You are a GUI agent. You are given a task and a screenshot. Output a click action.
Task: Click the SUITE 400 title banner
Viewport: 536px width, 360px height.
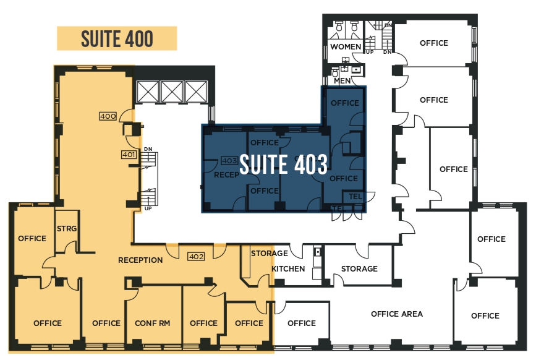click(117, 38)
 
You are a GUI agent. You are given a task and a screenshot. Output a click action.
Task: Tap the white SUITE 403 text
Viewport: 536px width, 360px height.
click(283, 165)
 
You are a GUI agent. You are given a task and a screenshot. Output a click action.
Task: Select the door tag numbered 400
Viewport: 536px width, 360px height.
click(108, 116)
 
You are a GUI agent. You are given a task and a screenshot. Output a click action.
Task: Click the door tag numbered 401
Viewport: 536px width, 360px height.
click(129, 155)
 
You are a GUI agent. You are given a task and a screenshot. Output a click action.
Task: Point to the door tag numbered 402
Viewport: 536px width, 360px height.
click(196, 257)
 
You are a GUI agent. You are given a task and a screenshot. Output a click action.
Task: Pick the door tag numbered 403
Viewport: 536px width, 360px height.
click(229, 160)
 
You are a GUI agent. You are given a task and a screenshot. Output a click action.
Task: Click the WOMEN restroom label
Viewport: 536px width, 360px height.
click(346, 46)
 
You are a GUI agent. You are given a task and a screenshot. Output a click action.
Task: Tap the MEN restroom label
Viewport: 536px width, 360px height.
click(342, 80)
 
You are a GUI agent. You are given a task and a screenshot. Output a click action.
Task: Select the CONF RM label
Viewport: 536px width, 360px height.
click(153, 323)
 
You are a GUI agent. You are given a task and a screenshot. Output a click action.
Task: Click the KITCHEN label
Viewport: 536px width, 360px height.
click(288, 268)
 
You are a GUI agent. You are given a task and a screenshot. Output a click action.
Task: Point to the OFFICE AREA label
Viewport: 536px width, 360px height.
click(397, 314)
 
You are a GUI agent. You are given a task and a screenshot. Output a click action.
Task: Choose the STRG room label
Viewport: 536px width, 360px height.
click(67, 228)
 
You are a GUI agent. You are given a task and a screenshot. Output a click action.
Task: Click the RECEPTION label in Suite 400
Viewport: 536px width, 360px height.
click(140, 260)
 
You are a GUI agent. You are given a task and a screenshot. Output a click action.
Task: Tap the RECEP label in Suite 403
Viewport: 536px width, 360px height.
click(226, 175)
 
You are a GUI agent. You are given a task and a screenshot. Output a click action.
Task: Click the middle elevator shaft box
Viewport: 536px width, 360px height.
click(172, 92)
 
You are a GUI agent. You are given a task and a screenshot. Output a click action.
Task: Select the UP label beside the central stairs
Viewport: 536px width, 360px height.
click(148, 208)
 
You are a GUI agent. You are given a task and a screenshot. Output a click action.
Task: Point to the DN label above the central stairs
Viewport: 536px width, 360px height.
click(148, 149)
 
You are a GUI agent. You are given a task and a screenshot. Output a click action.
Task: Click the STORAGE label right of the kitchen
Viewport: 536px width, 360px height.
click(359, 268)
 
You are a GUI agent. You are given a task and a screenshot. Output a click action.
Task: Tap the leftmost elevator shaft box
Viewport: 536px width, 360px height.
click(148, 92)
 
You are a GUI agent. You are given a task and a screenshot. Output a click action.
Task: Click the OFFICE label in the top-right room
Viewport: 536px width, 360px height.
click(434, 43)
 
